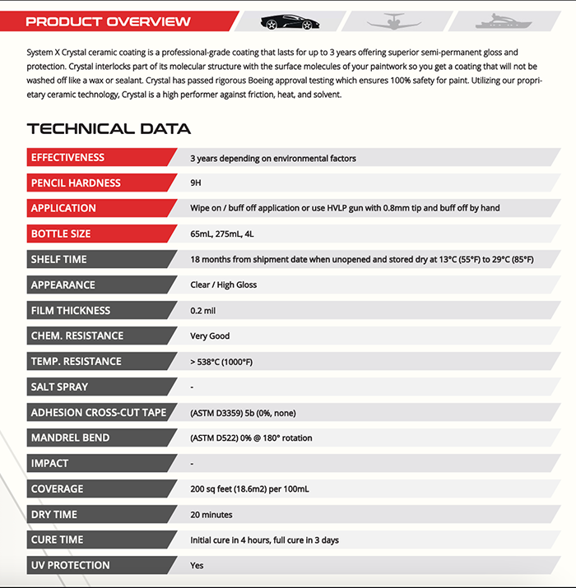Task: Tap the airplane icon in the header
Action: pyautogui.click(x=391, y=21)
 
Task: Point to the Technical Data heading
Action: pyautogui.click(x=109, y=128)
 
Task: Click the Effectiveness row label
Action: pyautogui.click(x=68, y=158)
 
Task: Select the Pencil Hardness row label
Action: pyautogui.click(x=76, y=183)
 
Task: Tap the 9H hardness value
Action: pyautogui.click(x=196, y=183)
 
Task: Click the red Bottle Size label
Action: pyautogui.click(x=61, y=234)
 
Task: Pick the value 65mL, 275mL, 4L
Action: pyautogui.click(x=222, y=234)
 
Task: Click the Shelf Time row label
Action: pyautogui.click(x=58, y=260)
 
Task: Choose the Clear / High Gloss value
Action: pyautogui.click(x=223, y=285)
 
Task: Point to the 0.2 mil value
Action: pyautogui.click(x=203, y=311)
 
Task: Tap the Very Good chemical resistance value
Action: pyautogui.click(x=210, y=336)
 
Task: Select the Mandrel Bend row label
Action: pyautogui.click(x=70, y=438)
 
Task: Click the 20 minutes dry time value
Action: pyautogui.click(x=211, y=515)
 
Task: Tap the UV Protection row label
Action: pyautogui.click(x=70, y=566)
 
